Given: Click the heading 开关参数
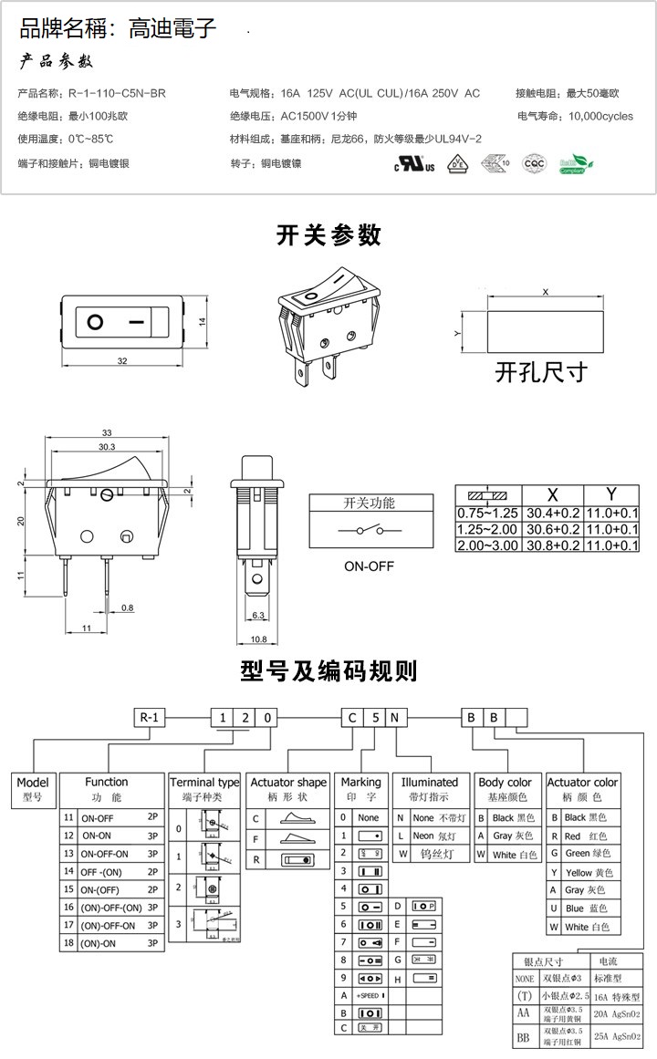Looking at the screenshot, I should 328,234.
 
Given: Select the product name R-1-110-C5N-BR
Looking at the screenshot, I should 117,93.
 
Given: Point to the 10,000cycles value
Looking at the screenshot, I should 600,117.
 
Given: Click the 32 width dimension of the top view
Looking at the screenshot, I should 121,362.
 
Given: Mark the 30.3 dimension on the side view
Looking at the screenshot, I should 106,447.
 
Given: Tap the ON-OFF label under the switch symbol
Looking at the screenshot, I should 369,566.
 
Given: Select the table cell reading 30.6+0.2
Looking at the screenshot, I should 551,529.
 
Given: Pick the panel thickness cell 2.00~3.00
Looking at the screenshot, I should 486,545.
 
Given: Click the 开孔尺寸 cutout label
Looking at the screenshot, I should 540,372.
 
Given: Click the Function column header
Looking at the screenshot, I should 107,782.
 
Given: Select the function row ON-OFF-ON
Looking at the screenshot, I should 106,854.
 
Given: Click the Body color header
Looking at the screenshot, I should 505,782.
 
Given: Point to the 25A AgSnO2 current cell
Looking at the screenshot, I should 617,1036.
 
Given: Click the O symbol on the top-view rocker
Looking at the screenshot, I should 95,322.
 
